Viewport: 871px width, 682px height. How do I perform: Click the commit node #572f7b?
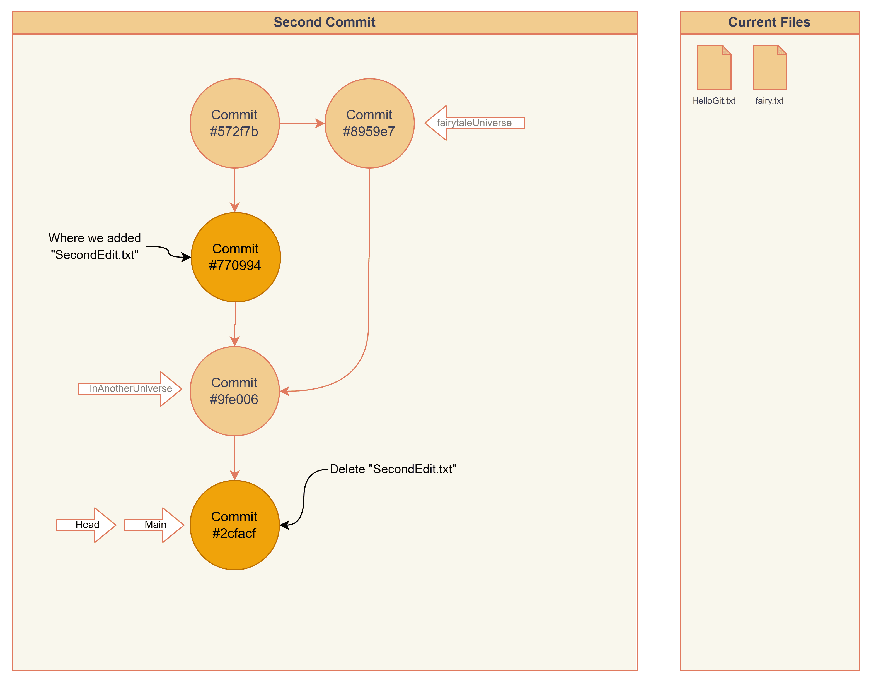234,123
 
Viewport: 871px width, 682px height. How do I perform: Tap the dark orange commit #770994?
236,257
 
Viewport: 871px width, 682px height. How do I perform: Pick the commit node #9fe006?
234,391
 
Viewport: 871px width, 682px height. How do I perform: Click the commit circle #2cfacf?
234,525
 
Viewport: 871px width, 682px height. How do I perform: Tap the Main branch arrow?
154,525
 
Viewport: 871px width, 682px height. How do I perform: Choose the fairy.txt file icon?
770,68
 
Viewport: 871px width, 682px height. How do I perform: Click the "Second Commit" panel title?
324,22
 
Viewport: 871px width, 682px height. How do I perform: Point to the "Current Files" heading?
769,22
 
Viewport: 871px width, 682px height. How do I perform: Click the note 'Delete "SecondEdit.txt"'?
393,469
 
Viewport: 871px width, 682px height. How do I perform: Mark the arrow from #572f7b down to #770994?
234,190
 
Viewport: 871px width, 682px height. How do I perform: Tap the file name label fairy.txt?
769,101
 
